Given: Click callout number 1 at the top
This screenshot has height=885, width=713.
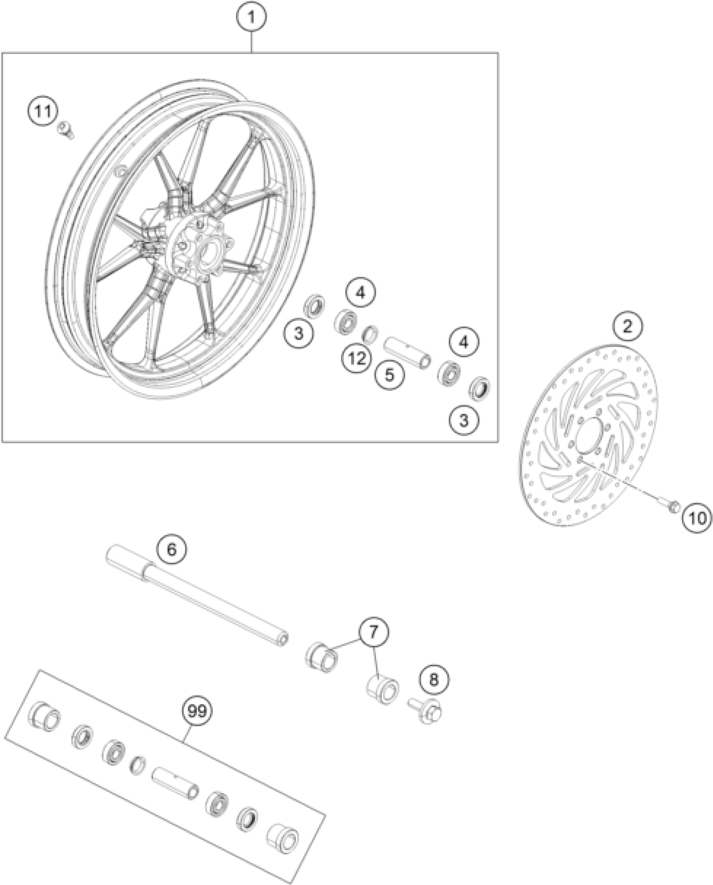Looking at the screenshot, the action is [x=251, y=17].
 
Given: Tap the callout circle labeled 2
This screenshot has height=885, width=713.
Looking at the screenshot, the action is [x=627, y=326].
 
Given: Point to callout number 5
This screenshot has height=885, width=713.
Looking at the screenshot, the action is [x=390, y=375].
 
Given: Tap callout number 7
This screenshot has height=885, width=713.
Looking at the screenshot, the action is [x=373, y=642].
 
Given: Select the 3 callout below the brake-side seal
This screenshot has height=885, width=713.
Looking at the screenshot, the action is [x=463, y=420].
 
